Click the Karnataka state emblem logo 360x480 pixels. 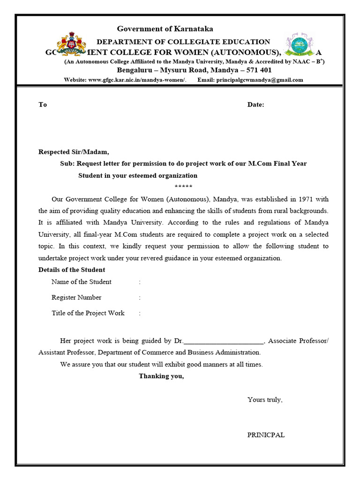71,45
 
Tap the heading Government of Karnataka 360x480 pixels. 165,29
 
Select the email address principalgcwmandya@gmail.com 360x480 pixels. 259,80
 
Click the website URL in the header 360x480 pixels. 137,80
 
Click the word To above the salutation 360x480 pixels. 43,105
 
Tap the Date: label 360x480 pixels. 255,105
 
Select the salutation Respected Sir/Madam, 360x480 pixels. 74,152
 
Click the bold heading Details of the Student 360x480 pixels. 72,270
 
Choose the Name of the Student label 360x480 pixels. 82,282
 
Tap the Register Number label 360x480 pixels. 76,297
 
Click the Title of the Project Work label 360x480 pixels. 88,313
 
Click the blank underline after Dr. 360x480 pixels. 225,341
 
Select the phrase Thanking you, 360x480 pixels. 161,376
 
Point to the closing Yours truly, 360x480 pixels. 265,400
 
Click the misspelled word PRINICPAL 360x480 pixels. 266,435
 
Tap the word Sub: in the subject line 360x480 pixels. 67,164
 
